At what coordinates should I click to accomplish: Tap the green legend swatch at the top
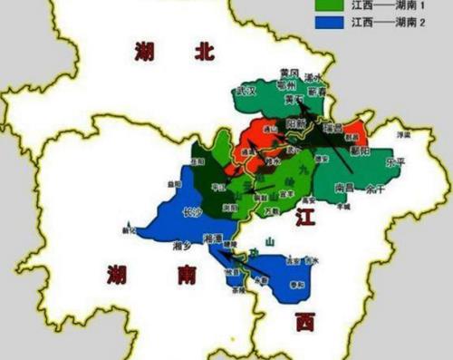pyautogui.click(x=327, y=5)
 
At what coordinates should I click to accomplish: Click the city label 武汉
pyautogui.click(x=246, y=91)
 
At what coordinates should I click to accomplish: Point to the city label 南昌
pyautogui.click(x=343, y=189)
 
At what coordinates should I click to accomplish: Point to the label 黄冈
pyautogui.click(x=288, y=72)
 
